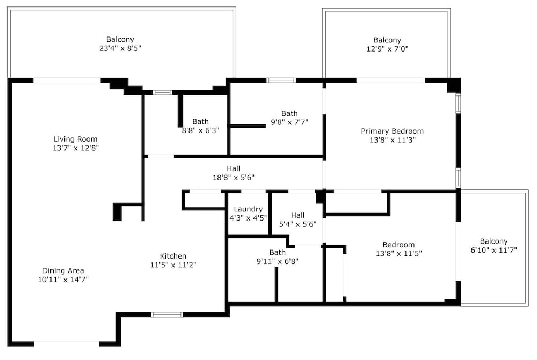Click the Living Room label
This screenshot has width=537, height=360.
point(75,139)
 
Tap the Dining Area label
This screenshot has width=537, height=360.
point(63,271)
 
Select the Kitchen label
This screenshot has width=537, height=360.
point(173,256)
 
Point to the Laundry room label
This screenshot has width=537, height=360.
point(248,209)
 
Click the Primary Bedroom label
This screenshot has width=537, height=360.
point(392,131)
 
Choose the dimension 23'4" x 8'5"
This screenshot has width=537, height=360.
point(120,48)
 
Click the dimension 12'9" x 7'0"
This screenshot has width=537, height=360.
point(387,49)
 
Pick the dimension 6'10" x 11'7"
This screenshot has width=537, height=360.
point(494,250)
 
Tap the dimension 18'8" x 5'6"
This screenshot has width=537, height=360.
point(234,177)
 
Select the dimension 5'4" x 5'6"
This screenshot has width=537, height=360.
point(297,224)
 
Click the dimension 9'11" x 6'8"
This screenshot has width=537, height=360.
point(278,261)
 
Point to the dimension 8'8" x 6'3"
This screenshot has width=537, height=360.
point(200,130)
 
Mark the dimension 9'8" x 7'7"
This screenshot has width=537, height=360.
point(289,122)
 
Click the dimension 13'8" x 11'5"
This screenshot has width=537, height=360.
point(398,254)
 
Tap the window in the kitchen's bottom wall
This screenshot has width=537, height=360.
point(167,314)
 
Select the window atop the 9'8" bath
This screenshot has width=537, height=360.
point(281,80)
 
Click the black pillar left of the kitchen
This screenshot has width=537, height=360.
point(117,212)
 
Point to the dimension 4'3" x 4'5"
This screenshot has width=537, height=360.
point(248,218)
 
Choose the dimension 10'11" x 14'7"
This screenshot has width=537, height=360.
point(63,280)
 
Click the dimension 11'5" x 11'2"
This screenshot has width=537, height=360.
point(173,265)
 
